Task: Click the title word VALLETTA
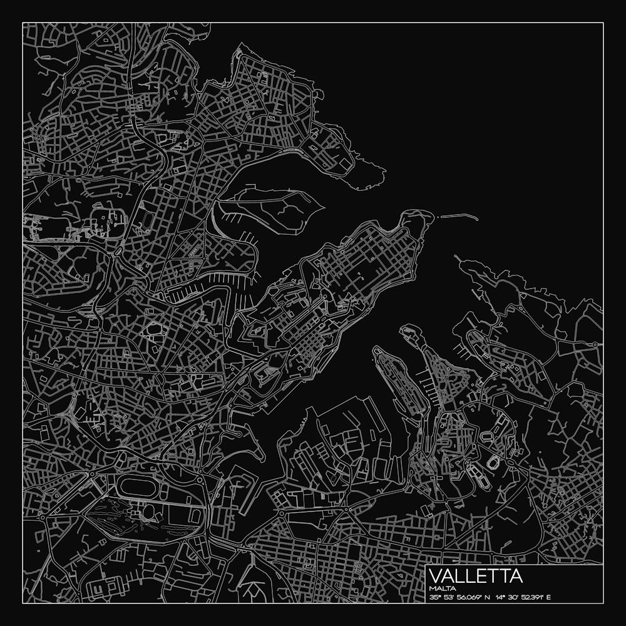click(x=476, y=575)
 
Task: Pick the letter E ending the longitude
click(x=549, y=597)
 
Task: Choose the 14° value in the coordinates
click(x=498, y=597)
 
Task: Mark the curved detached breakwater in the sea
click(x=458, y=217)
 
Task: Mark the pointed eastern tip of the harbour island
click(x=323, y=206)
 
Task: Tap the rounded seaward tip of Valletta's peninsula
click(x=426, y=215)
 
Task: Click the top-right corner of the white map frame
click(x=603, y=23)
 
